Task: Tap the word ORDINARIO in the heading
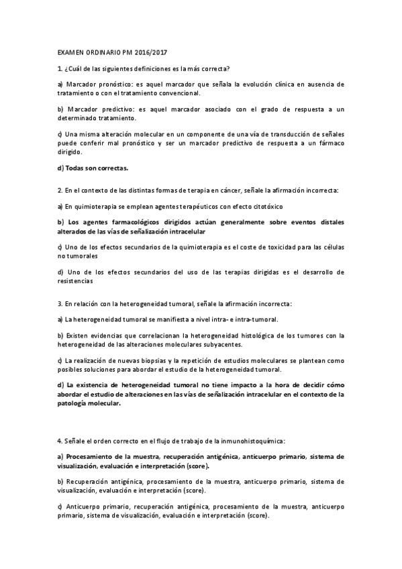(106, 51)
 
